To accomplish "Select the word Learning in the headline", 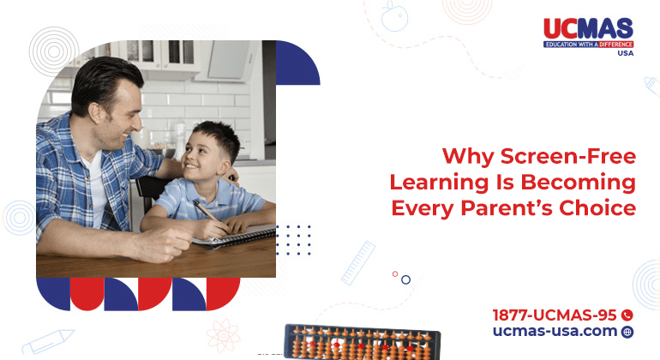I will pos(438,183).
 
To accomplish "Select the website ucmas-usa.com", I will pos(555,331).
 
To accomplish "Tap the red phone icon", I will pos(627,315).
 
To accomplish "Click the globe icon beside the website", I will pos(627,332).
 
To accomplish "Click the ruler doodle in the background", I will pos(358,262).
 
